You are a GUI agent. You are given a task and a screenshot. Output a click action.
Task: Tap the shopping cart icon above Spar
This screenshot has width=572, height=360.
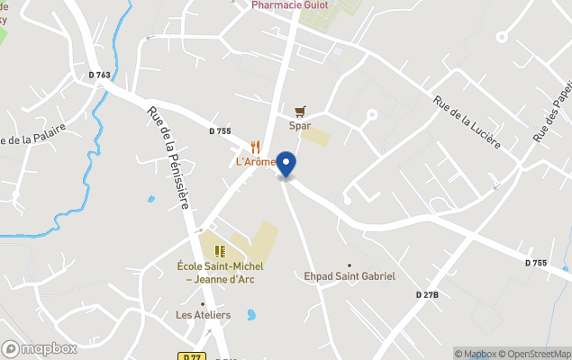[x=300, y=112]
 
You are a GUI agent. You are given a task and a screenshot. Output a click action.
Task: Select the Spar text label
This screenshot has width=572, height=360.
[x=300, y=126]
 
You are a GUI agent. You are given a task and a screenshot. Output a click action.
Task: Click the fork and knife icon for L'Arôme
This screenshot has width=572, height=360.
[x=256, y=147]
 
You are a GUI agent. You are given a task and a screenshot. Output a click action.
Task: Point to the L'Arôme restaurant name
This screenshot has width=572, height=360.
[x=256, y=162]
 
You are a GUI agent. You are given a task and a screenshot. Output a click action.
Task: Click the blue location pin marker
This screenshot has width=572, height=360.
[x=286, y=166]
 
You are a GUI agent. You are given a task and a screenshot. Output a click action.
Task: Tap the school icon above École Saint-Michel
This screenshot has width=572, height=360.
[x=220, y=251]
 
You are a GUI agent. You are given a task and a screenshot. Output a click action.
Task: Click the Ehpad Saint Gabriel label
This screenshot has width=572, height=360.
[x=350, y=276]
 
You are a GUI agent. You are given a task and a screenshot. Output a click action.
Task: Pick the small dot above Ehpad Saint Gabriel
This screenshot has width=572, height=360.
[x=350, y=265]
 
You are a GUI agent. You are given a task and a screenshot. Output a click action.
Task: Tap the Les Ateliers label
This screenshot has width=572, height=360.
[x=203, y=315]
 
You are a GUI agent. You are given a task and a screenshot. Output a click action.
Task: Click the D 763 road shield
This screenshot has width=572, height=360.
[x=99, y=75]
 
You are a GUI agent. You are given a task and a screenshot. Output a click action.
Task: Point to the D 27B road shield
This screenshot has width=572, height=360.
[x=427, y=295]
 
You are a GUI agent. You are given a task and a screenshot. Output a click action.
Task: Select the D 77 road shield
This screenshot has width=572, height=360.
[x=190, y=356]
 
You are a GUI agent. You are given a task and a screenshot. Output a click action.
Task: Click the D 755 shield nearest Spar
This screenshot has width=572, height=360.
[x=220, y=131]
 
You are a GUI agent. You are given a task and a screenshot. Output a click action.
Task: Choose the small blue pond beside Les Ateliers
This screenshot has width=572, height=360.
[x=251, y=316]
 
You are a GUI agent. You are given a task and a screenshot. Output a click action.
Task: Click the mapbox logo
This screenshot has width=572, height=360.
[x=40, y=348]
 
